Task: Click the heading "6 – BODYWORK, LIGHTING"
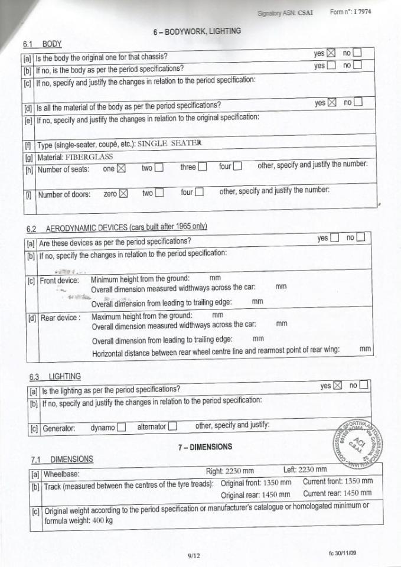pyautogui.click(x=197, y=31)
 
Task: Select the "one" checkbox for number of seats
pyautogui.click(x=122, y=168)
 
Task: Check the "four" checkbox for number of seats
pyautogui.click(x=237, y=167)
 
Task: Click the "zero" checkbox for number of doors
pyautogui.click(x=123, y=193)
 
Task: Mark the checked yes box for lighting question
pyautogui.click(x=338, y=386)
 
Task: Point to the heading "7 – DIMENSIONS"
pyautogui.click(x=205, y=447)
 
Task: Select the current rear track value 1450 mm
pyautogui.click(x=357, y=493)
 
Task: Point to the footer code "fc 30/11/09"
pyautogui.click(x=343, y=552)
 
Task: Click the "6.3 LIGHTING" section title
pyautogui.click(x=56, y=376)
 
